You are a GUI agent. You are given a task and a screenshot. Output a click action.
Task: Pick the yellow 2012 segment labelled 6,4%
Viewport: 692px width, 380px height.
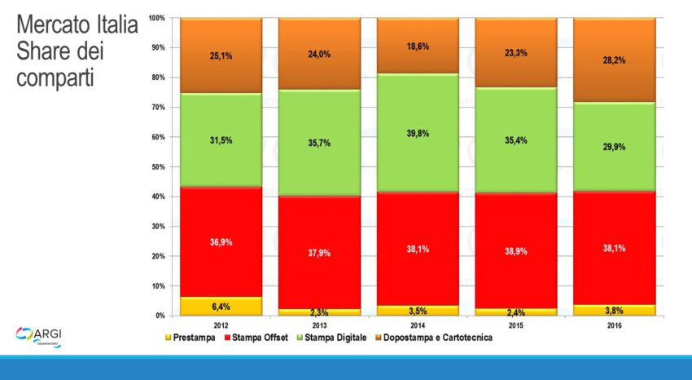[x=221, y=306]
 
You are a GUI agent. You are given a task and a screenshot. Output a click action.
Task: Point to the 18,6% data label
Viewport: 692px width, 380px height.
[x=417, y=47]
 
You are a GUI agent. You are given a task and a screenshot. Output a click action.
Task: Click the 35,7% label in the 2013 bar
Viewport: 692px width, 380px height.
[x=319, y=143]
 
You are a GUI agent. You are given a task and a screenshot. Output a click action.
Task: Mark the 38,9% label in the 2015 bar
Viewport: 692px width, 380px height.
[x=515, y=251]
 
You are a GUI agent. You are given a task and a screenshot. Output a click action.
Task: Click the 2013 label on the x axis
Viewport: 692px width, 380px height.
[x=319, y=323]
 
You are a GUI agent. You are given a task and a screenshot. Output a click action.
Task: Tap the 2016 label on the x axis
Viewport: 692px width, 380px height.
[x=614, y=323]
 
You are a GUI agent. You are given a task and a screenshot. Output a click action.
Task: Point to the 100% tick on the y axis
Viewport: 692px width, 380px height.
[x=157, y=18]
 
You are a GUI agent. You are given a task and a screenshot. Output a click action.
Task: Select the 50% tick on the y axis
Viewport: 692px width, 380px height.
[x=159, y=167]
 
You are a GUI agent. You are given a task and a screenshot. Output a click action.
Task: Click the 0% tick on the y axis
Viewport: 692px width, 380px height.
[x=160, y=316]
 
